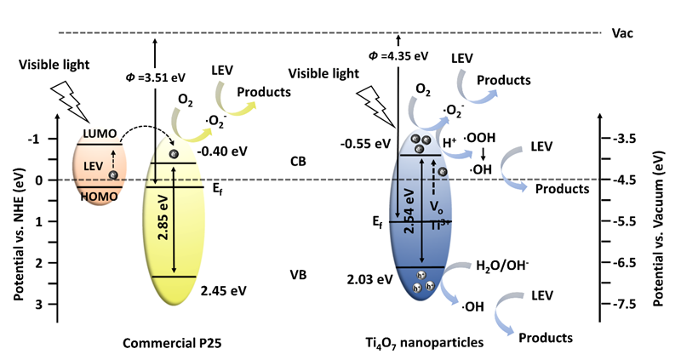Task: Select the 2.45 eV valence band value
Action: [x=223, y=290]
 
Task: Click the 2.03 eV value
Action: [x=369, y=278]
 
